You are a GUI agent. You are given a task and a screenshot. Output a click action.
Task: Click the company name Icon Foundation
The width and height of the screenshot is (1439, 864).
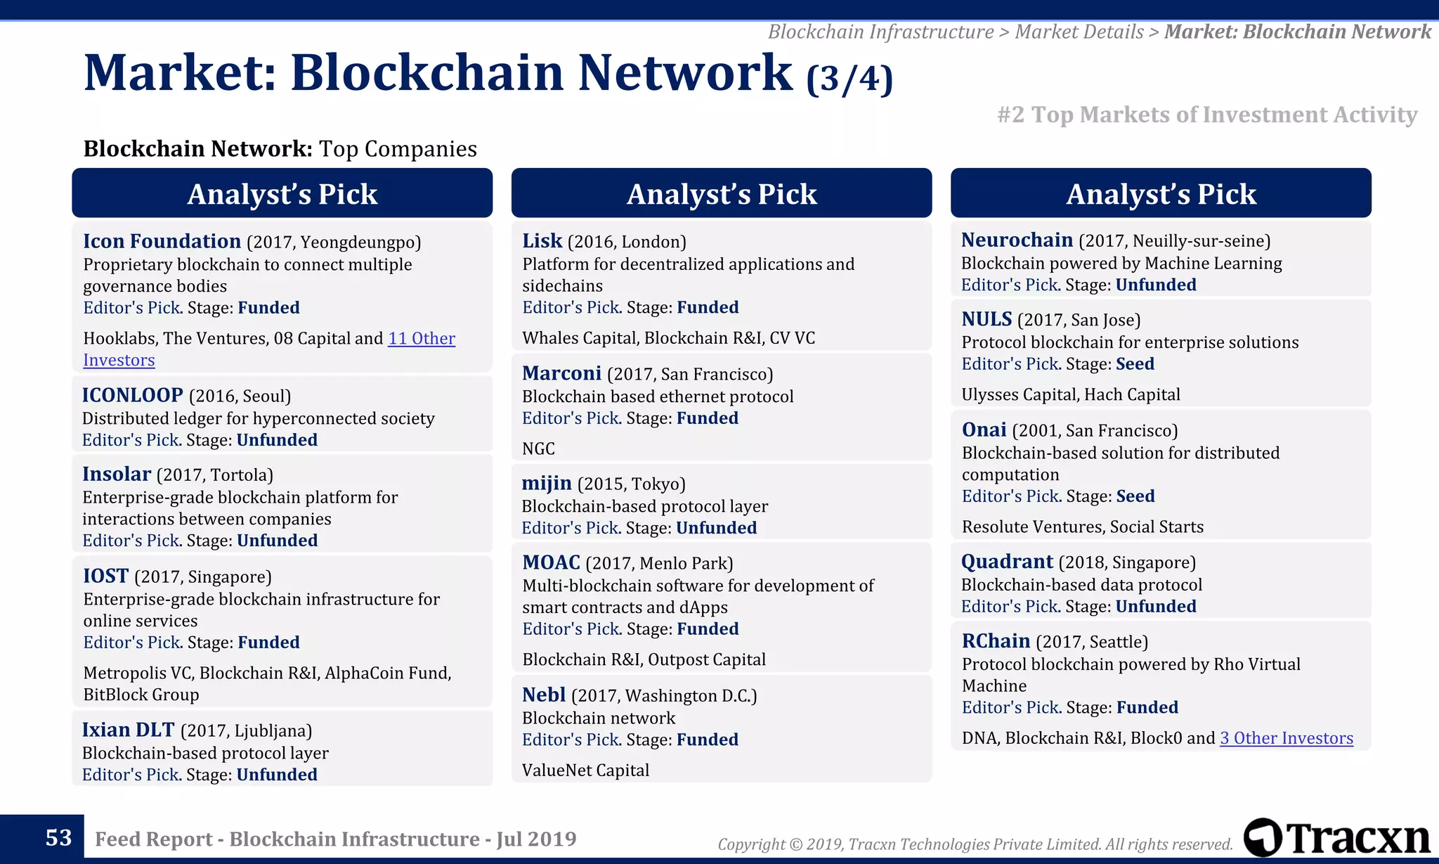pyautogui.click(x=162, y=241)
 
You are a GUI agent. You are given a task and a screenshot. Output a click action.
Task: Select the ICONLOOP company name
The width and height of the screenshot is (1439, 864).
pyautogui.click(x=132, y=395)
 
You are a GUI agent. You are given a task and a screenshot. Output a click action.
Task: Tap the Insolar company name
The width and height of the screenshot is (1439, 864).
pyautogui.click(x=117, y=475)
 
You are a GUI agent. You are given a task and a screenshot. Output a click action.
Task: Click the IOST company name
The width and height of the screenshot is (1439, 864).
pyautogui.click(x=106, y=576)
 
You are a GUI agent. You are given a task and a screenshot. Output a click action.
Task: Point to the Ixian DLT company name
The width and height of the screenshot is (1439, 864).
pyautogui.click(x=128, y=730)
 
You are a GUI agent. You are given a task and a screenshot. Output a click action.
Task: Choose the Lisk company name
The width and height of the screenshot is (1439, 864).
pyautogui.click(x=542, y=241)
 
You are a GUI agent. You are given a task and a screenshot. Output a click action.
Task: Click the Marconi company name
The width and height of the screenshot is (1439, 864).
pyautogui.click(x=561, y=373)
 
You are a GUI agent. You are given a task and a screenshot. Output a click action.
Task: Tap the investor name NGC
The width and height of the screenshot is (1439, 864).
pyautogui.click(x=538, y=449)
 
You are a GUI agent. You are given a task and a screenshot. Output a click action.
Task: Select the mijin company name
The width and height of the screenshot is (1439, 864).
pyautogui.click(x=546, y=484)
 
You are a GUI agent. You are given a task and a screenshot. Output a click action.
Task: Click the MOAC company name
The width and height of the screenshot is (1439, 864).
pyautogui.click(x=551, y=563)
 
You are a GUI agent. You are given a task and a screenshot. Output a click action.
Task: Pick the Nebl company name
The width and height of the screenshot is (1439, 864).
pyautogui.click(x=544, y=695)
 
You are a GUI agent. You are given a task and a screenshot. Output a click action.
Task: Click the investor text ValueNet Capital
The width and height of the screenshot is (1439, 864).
pyautogui.click(x=585, y=770)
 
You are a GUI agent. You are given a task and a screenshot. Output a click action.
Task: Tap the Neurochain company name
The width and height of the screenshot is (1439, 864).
pyautogui.click(x=1017, y=240)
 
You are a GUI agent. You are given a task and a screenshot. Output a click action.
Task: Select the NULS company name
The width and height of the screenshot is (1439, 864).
pyautogui.click(x=987, y=320)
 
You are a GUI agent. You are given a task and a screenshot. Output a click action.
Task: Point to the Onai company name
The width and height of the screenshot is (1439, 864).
pyautogui.click(x=984, y=430)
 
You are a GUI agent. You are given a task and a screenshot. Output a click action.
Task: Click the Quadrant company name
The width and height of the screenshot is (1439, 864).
pyautogui.click(x=1007, y=562)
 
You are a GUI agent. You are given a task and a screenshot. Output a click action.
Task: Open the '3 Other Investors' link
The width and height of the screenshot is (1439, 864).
pyautogui.click(x=1286, y=738)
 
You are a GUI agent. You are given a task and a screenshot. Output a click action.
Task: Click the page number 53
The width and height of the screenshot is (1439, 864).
pyautogui.click(x=58, y=838)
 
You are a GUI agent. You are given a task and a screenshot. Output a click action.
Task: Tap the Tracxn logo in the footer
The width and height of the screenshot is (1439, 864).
pyautogui.click(x=1336, y=837)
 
